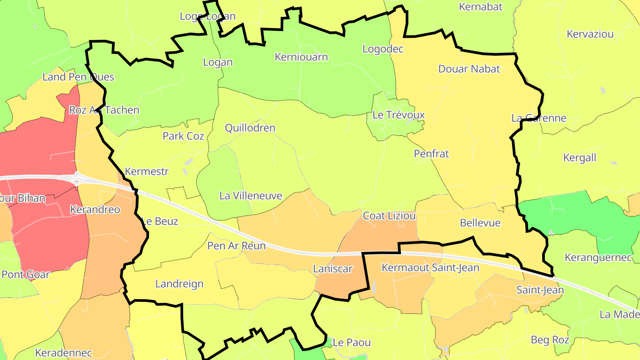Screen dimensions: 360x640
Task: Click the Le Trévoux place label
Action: tap(398, 115)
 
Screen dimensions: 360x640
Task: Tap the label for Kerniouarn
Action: tap(301, 57)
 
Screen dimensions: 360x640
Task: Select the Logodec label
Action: tap(383, 49)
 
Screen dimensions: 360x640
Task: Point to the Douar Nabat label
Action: tap(469, 69)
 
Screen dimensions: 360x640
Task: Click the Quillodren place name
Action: tap(250, 128)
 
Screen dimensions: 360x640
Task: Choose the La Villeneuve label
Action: tap(251, 196)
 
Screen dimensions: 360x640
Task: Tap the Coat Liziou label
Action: tap(389, 216)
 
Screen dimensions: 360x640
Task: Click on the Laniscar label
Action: tap(332, 269)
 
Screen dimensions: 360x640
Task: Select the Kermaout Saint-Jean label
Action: tap(430, 268)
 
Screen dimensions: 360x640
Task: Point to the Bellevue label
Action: tap(480, 223)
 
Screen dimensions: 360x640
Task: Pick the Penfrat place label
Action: tap(431, 154)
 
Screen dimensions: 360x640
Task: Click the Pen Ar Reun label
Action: tap(236, 246)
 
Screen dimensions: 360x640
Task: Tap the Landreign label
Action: tap(179, 284)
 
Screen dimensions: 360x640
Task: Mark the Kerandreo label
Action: tap(95, 210)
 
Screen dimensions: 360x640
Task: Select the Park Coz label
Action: tap(183, 136)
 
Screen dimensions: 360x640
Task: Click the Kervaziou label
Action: tap(590, 34)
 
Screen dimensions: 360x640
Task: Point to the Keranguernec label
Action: tap(598, 258)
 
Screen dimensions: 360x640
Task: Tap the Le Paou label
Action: tap(351, 343)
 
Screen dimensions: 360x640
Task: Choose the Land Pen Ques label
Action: tap(78, 77)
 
